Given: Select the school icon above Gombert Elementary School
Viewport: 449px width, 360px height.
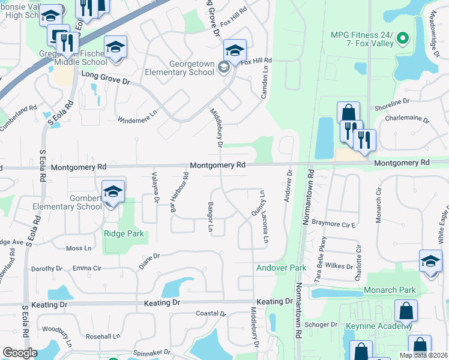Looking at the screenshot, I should click(113, 192).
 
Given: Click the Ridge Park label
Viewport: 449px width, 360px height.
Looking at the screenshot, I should click(124, 233).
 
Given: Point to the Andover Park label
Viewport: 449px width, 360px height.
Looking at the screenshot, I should click(282, 267).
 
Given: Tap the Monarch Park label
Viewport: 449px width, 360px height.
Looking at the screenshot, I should click(390, 290).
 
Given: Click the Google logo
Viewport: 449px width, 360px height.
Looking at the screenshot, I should click(20, 353).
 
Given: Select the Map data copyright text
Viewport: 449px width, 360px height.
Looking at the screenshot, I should click(423, 355).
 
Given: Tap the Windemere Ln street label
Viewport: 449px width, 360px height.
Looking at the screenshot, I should click(137, 113).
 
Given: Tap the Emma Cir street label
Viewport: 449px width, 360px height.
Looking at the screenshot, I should click(86, 268).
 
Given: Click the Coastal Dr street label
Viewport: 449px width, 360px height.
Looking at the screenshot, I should click(211, 314).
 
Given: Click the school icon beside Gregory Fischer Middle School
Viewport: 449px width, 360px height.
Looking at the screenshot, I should click(115, 48).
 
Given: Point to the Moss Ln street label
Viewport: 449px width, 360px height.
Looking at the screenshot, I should click(79, 248).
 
